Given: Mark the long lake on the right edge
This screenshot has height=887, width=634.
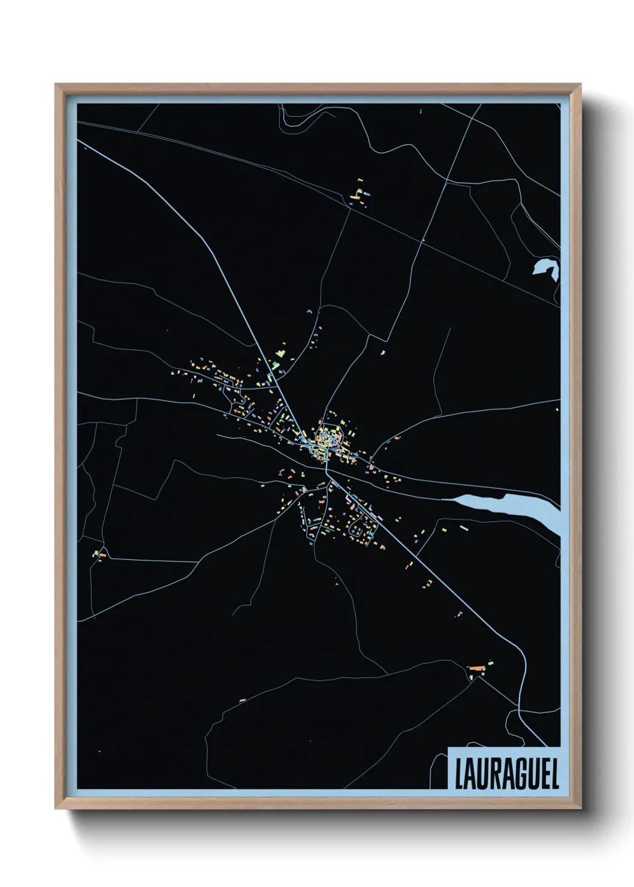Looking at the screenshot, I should point(509,506).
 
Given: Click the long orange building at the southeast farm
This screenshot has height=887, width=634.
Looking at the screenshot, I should point(476,666).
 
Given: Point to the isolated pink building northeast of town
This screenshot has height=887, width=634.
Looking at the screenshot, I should point(382,353).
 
